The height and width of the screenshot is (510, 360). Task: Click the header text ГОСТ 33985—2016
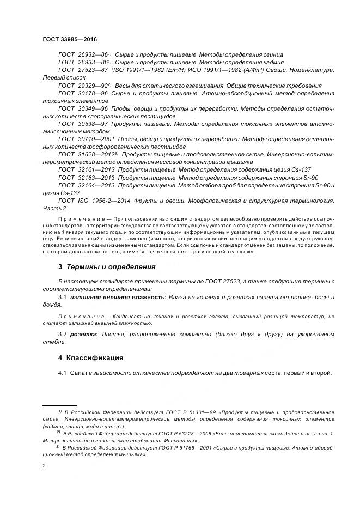pos(66,40)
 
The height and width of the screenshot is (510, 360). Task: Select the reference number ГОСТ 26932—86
pos(82,55)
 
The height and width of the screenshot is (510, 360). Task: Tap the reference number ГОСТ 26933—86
pos(82,63)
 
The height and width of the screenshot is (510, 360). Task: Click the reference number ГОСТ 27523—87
pos(82,70)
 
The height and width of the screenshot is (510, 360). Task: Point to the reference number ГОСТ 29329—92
pos(82,86)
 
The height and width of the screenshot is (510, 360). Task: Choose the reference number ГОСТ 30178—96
pos(82,93)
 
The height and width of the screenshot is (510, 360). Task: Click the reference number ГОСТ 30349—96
pos(82,108)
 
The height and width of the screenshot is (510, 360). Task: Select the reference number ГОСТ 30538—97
pos(82,124)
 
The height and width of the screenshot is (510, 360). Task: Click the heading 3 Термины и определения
pos(107,267)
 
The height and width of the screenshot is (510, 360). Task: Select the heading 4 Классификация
pos(90,358)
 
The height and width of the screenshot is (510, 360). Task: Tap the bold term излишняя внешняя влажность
pos(113,297)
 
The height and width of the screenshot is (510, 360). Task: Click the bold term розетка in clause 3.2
pos(82,334)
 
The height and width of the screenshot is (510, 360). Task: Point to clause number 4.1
pos(62,373)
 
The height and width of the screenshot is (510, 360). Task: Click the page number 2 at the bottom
pos(44,466)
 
